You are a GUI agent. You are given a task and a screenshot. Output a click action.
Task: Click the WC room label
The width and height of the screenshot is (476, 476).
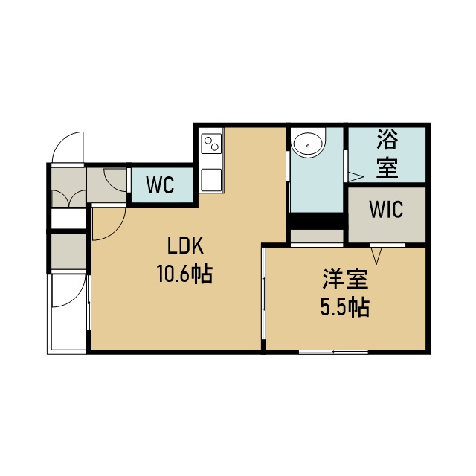pos(161,184)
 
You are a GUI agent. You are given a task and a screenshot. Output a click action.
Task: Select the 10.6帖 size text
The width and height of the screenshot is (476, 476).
pos(184,274)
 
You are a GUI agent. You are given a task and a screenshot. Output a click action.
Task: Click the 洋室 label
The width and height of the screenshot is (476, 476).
pos(345,280)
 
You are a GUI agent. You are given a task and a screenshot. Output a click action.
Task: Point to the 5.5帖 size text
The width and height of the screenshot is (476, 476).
pos(345,307)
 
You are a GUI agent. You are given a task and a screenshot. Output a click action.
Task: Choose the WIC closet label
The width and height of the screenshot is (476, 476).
pos(386,209)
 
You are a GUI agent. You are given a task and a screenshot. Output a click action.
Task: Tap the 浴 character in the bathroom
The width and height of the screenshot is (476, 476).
pos(387,139)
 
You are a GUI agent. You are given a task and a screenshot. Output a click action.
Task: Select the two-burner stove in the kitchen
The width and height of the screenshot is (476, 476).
pos(211,144)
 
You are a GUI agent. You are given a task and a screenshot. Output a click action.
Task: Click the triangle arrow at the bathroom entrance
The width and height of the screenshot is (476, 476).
pos(356,177)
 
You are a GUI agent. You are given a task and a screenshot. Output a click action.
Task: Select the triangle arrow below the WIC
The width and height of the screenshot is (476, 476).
pos(376,256)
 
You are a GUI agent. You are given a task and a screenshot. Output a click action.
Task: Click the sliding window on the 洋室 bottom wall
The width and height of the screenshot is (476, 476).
pos(333,352)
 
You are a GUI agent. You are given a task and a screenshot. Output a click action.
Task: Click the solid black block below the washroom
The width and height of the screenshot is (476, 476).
pos(317,221)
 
